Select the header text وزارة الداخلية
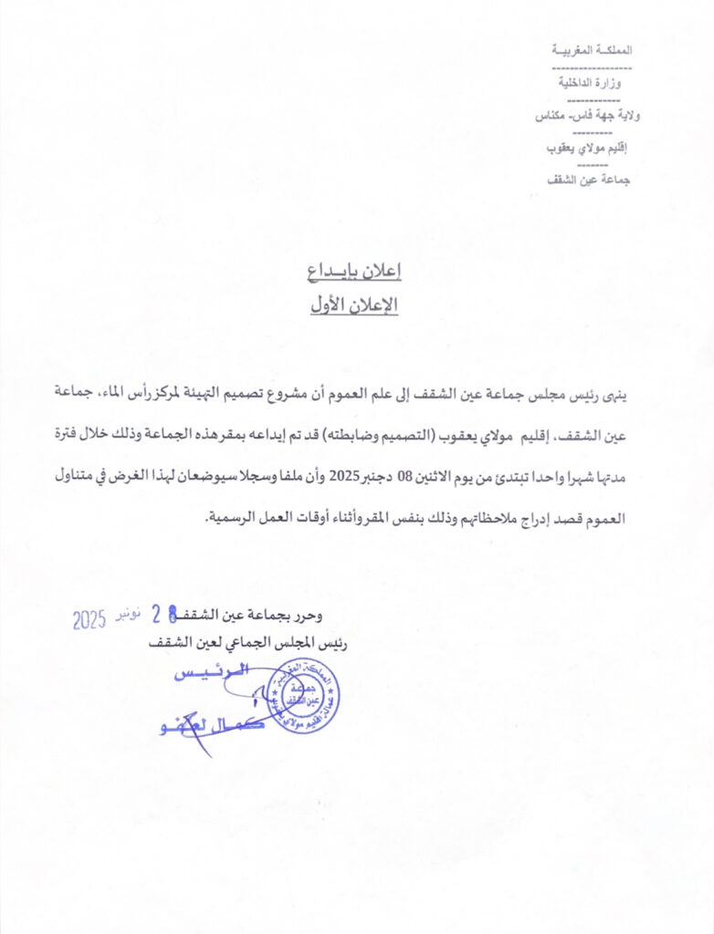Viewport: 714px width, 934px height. click(593, 83)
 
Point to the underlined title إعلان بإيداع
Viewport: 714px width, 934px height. click(354, 271)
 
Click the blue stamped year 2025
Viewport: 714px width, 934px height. click(90, 622)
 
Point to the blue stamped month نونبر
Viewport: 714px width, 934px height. click(128, 617)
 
